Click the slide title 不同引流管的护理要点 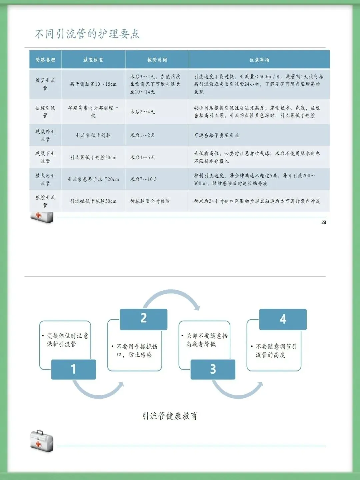(x=87, y=34)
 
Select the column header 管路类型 (x=45, y=60)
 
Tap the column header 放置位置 (x=93, y=60)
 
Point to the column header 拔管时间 (x=157, y=60)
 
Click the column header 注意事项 (x=259, y=60)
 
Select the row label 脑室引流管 (x=45, y=84)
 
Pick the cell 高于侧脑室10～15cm (x=93, y=84)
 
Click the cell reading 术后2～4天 (x=143, y=112)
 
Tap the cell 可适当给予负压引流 (x=217, y=135)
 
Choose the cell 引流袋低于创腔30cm (x=93, y=157)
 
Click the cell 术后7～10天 (x=144, y=179)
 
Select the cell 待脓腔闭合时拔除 (x=150, y=201)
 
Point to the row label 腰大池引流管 (x=45, y=179)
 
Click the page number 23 (x=324, y=222)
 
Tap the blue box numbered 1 (x=74, y=369)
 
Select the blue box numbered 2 (x=144, y=319)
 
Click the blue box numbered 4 (x=283, y=319)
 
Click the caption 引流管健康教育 (x=170, y=416)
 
